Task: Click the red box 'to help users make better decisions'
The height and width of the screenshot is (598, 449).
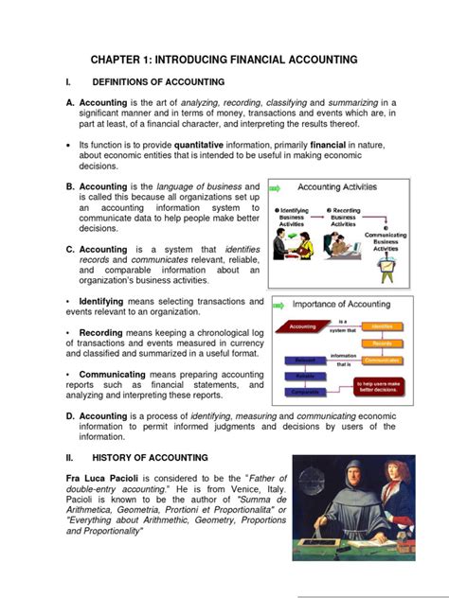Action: point(382,384)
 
